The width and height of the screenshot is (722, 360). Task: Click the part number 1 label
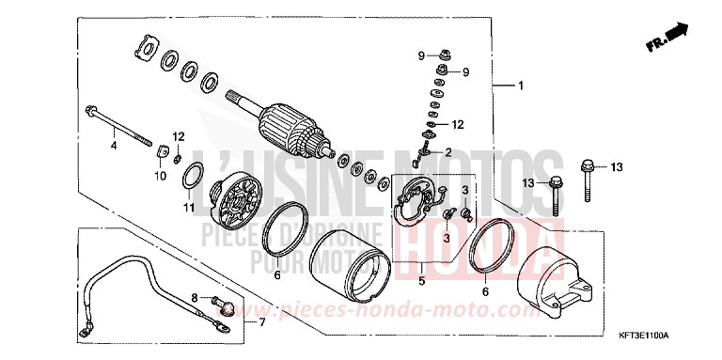(520, 86)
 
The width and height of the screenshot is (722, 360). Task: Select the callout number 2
(448, 152)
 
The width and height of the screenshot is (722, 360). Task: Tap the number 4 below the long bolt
(113, 147)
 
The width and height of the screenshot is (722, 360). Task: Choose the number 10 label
(158, 175)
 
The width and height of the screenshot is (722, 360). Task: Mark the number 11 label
(188, 208)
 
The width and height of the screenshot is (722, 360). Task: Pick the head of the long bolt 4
(90, 110)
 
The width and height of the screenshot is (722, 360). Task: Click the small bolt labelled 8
(222, 303)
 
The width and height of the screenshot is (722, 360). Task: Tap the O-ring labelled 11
(193, 176)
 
